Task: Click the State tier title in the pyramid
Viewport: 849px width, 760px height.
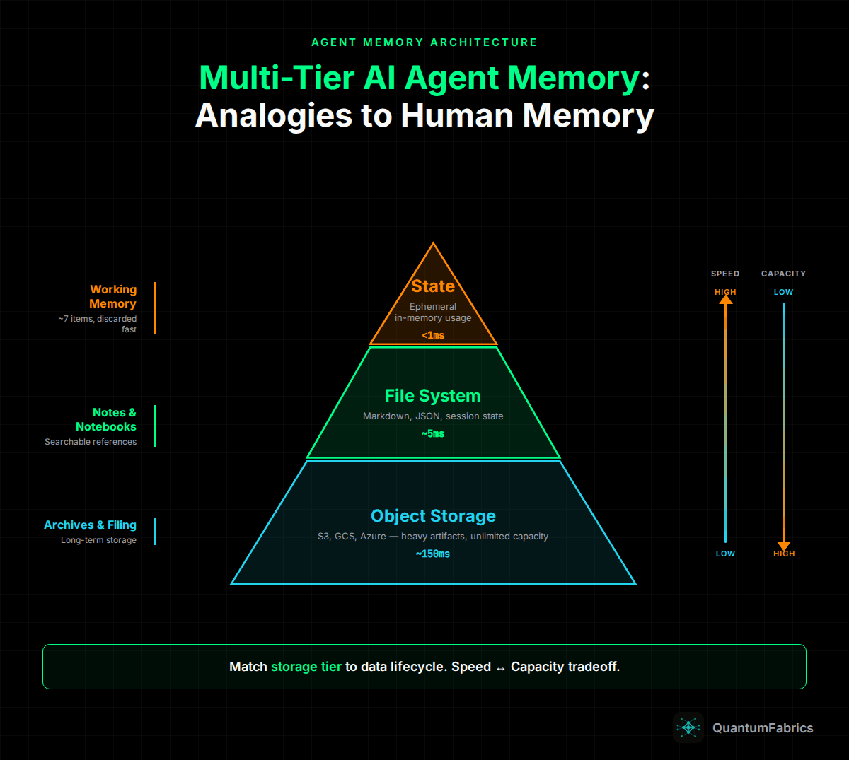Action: (x=433, y=286)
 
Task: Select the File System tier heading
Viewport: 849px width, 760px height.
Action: (x=432, y=396)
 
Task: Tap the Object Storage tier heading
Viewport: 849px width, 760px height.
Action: (x=433, y=516)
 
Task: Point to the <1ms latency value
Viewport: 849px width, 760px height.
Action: (x=433, y=335)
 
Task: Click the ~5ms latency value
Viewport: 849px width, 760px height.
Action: (x=433, y=433)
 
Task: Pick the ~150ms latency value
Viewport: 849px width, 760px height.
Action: (x=432, y=554)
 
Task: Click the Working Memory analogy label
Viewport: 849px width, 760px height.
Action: (x=112, y=296)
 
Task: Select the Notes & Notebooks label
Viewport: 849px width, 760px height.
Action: (x=106, y=419)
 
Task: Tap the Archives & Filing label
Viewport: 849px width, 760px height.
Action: (x=90, y=525)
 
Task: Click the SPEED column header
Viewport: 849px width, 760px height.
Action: (x=725, y=274)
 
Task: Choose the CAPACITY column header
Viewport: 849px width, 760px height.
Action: (x=783, y=274)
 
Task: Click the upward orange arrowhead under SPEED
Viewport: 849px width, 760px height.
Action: (x=725, y=300)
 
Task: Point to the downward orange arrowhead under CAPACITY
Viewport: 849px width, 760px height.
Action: (x=783, y=545)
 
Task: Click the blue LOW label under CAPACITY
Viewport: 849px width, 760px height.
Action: (x=783, y=292)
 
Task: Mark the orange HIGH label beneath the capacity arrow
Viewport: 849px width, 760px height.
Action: (x=784, y=554)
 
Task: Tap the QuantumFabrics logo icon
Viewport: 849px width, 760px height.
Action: (x=688, y=727)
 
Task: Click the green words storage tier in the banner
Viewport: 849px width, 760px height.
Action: (x=306, y=667)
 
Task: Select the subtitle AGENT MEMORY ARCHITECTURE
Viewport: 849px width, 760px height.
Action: (x=424, y=42)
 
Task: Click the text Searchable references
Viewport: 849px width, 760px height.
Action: (x=91, y=442)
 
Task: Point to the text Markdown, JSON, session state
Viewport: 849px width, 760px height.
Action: (x=433, y=416)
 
